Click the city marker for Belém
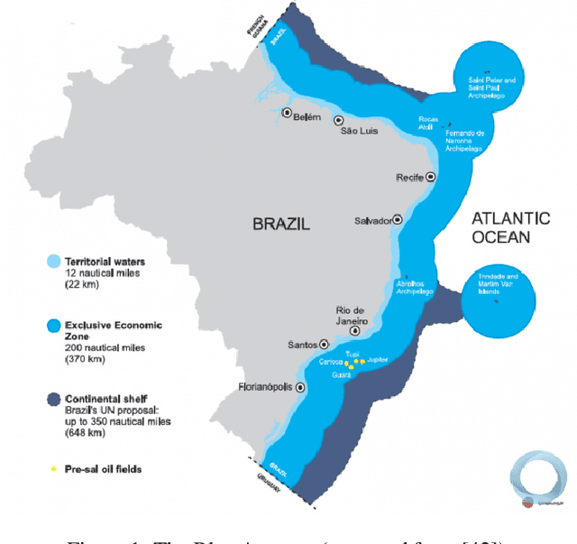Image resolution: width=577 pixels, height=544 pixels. (287, 114)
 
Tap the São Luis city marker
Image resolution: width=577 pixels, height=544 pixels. (339, 120)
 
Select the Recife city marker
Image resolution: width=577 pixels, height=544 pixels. (430, 177)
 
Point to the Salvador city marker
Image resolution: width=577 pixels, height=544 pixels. (397, 219)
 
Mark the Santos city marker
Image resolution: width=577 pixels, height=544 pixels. (323, 344)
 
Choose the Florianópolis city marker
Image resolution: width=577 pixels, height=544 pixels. (300, 387)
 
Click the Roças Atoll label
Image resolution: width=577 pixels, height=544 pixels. (428, 123)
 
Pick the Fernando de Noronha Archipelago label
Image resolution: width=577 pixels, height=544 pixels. (464, 137)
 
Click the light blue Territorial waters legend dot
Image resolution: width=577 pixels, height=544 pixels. (52, 260)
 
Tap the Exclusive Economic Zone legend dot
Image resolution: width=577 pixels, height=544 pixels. (52, 324)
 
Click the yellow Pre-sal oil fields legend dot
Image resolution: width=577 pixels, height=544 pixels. (53, 468)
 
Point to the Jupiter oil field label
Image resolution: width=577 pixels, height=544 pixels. (378, 359)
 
